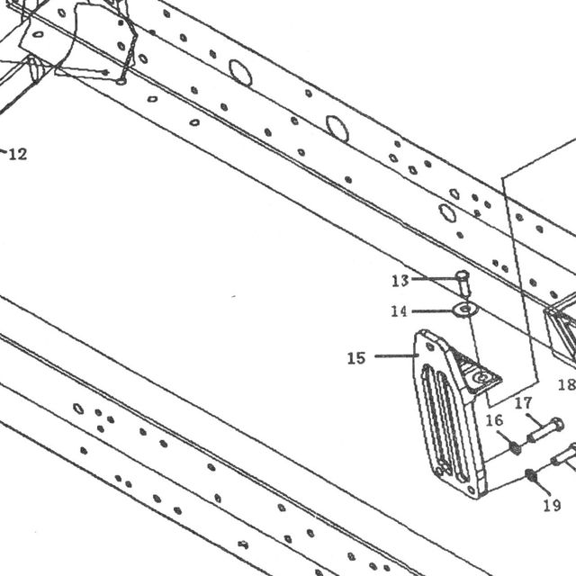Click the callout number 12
point(18,154)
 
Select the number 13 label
point(400,281)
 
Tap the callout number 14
point(400,311)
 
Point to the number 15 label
point(356,358)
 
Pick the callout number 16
point(494,420)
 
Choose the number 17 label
point(523,403)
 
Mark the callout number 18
point(566,384)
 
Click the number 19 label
point(552,506)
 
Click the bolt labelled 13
point(463,283)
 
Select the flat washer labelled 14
point(465,310)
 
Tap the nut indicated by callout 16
point(516,448)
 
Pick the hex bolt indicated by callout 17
point(546,430)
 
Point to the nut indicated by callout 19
point(530,476)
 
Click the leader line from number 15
point(397,355)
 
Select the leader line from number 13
point(435,279)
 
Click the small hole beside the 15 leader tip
point(429,346)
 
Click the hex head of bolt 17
point(557,425)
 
